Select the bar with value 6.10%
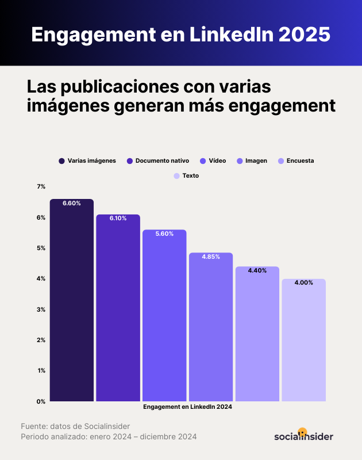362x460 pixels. point(118,308)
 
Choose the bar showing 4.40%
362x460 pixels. point(257,333)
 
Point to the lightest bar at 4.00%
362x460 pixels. point(303,340)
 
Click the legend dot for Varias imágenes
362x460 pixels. point(61,161)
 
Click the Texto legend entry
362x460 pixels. point(190,175)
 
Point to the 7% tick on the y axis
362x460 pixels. point(41,187)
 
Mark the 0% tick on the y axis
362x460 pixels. point(41,401)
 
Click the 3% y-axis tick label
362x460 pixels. point(41,309)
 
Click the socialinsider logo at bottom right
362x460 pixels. point(303,435)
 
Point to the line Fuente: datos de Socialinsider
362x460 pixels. point(75,426)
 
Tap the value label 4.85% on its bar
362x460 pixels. point(211,256)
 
